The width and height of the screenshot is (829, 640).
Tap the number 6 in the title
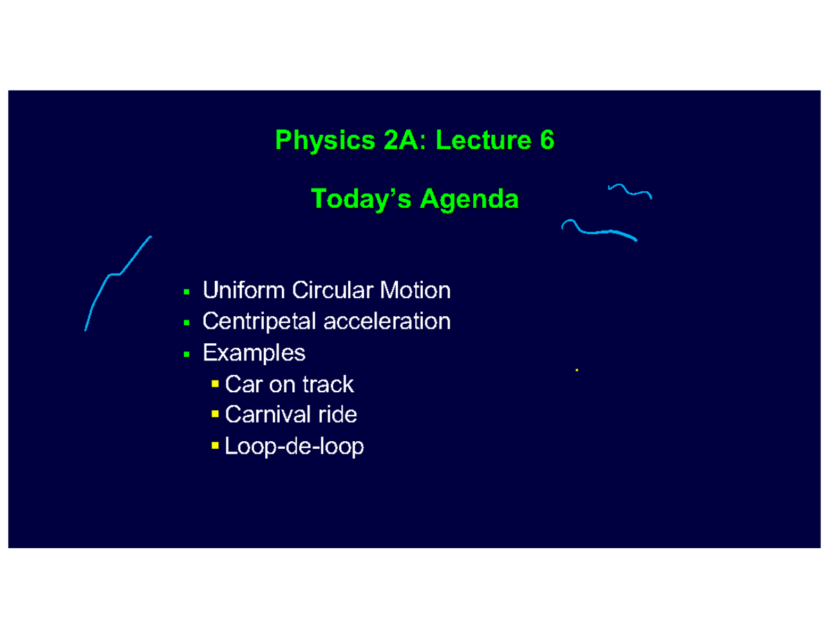point(547,140)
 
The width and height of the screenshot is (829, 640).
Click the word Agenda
point(470,200)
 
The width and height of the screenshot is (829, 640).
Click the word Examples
point(254,353)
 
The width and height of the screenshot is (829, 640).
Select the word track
point(327,384)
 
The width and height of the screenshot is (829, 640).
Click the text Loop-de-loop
point(294,447)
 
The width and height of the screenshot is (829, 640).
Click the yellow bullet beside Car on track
point(216,382)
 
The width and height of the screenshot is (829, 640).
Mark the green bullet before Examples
point(187,354)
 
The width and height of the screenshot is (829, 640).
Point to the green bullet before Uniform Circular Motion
point(187,291)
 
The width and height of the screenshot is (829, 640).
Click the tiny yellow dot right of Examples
point(576,371)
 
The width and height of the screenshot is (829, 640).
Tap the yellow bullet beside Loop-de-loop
point(216,445)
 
